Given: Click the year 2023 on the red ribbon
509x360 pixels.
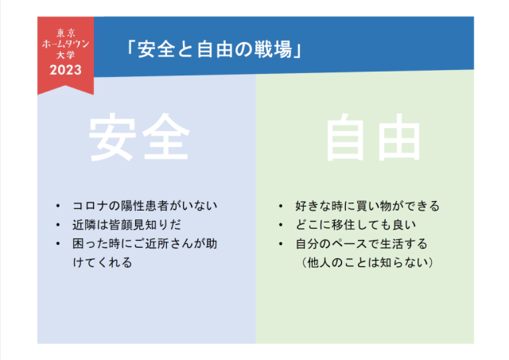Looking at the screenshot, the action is coord(65,70).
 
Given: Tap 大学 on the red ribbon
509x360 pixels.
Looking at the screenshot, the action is coord(65,55).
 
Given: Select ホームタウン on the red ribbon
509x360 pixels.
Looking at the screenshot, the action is coord(65,44).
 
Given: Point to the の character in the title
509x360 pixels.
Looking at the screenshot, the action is coord(243,49).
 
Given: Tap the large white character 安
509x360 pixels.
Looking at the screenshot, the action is coord(112,137).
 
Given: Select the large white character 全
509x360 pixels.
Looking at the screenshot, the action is coord(166,137).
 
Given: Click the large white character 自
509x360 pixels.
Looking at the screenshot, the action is coord(345,137).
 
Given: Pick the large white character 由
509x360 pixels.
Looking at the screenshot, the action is coord(399,137).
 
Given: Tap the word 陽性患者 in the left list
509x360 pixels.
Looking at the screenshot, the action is coord(145,206).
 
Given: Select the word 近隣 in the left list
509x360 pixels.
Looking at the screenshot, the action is coord(84,225).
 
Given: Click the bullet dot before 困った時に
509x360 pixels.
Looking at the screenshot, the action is coord(58,243).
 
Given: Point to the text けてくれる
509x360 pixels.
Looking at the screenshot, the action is coord(103,262).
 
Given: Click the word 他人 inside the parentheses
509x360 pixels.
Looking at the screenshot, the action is coord(319,262).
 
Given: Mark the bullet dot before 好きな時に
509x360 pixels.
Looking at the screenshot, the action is coord(281,206).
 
